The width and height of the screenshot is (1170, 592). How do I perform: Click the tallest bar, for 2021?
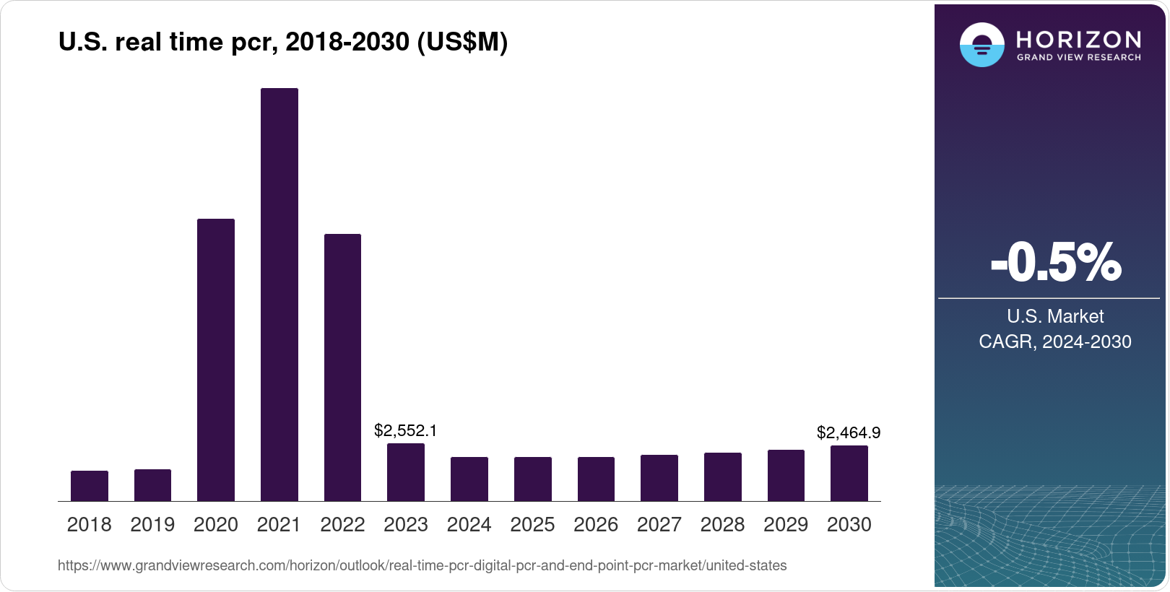pos(279,295)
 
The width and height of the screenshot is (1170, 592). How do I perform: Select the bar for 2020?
pos(216,360)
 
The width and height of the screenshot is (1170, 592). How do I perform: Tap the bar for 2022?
pos(342,367)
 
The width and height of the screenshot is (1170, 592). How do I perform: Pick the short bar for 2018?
pos(90,486)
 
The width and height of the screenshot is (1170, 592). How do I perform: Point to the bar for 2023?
pos(406,472)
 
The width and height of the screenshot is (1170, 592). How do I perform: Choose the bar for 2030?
pos(849,474)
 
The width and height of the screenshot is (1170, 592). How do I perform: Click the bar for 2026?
pos(596,479)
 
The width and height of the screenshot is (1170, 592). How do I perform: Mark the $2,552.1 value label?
pos(405,431)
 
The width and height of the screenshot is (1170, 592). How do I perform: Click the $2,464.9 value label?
pos(849,433)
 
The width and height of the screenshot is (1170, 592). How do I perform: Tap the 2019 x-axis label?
pos(152,525)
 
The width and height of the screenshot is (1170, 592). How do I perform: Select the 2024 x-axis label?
pos(469,525)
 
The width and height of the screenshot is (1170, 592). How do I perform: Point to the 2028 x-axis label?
pos(722,525)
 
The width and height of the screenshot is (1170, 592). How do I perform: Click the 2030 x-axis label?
pos(849,525)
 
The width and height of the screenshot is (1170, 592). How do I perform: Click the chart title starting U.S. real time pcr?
pos(283,43)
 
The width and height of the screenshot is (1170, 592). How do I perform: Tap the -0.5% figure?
pos(1055,263)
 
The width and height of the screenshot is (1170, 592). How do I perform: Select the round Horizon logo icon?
pos(981,45)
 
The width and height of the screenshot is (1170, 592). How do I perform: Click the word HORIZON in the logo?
pos(1078,39)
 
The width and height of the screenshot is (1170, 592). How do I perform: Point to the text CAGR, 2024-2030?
pos(1054,341)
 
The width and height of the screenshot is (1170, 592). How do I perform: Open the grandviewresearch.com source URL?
pos(422,565)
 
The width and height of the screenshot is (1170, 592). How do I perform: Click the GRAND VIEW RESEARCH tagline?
pos(1078,58)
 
